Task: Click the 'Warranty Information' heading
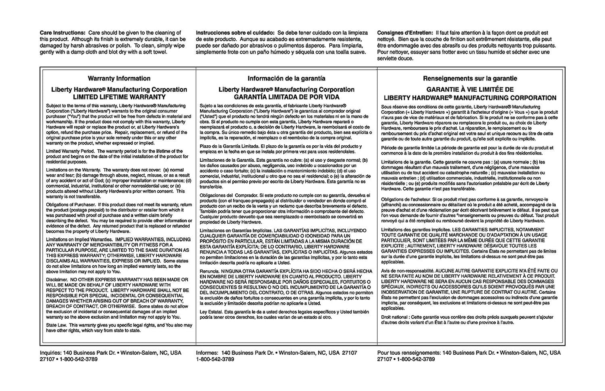119,78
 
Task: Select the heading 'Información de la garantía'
286,78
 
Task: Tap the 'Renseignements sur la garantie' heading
470,78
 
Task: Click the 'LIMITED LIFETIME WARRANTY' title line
119,97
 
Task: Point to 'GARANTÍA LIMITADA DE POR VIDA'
287,97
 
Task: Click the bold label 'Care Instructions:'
63,33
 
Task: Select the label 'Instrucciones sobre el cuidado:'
235,33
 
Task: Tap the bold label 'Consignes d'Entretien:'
405,33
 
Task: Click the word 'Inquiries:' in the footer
51,353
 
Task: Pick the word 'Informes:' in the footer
207,353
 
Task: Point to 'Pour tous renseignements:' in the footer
409,353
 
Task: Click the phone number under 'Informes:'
215,359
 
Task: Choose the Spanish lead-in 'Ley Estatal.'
211,311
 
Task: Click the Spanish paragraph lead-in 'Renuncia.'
209,271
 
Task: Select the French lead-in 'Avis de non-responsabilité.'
406,271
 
